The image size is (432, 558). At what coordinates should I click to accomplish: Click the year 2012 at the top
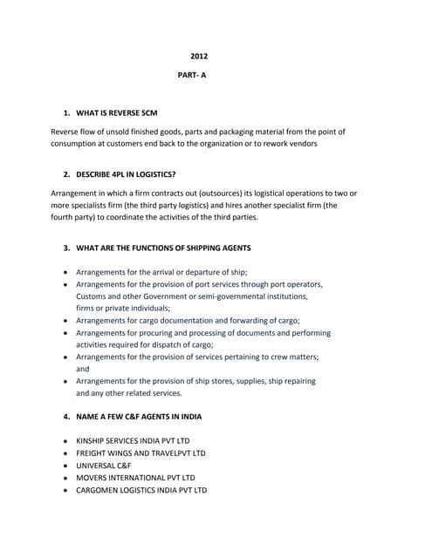tap(199, 58)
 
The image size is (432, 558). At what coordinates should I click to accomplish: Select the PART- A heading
tap(192, 76)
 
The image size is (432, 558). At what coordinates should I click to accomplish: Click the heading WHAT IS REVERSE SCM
tap(117, 114)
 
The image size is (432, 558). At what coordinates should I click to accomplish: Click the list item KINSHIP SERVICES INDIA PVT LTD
tap(133, 441)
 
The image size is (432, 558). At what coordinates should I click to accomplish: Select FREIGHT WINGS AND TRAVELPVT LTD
tap(141, 453)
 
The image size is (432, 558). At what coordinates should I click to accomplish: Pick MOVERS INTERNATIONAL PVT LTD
tap(135, 478)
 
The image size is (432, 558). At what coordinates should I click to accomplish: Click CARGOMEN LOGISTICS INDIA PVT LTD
tap(141, 490)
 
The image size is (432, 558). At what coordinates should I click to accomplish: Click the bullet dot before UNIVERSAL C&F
tap(66, 466)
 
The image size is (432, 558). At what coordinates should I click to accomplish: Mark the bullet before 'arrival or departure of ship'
tap(66, 273)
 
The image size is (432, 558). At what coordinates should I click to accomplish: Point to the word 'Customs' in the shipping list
tap(93, 296)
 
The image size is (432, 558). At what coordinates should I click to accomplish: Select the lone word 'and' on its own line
tap(83, 369)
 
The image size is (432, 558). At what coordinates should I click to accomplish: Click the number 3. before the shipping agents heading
tap(67, 248)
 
